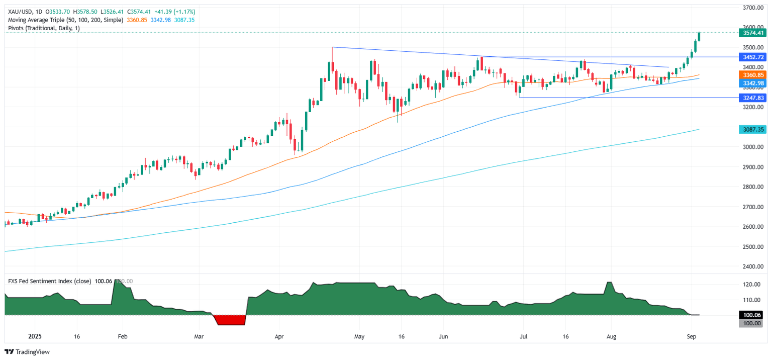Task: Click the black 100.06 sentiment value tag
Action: click(751, 315)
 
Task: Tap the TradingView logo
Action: click(28, 352)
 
